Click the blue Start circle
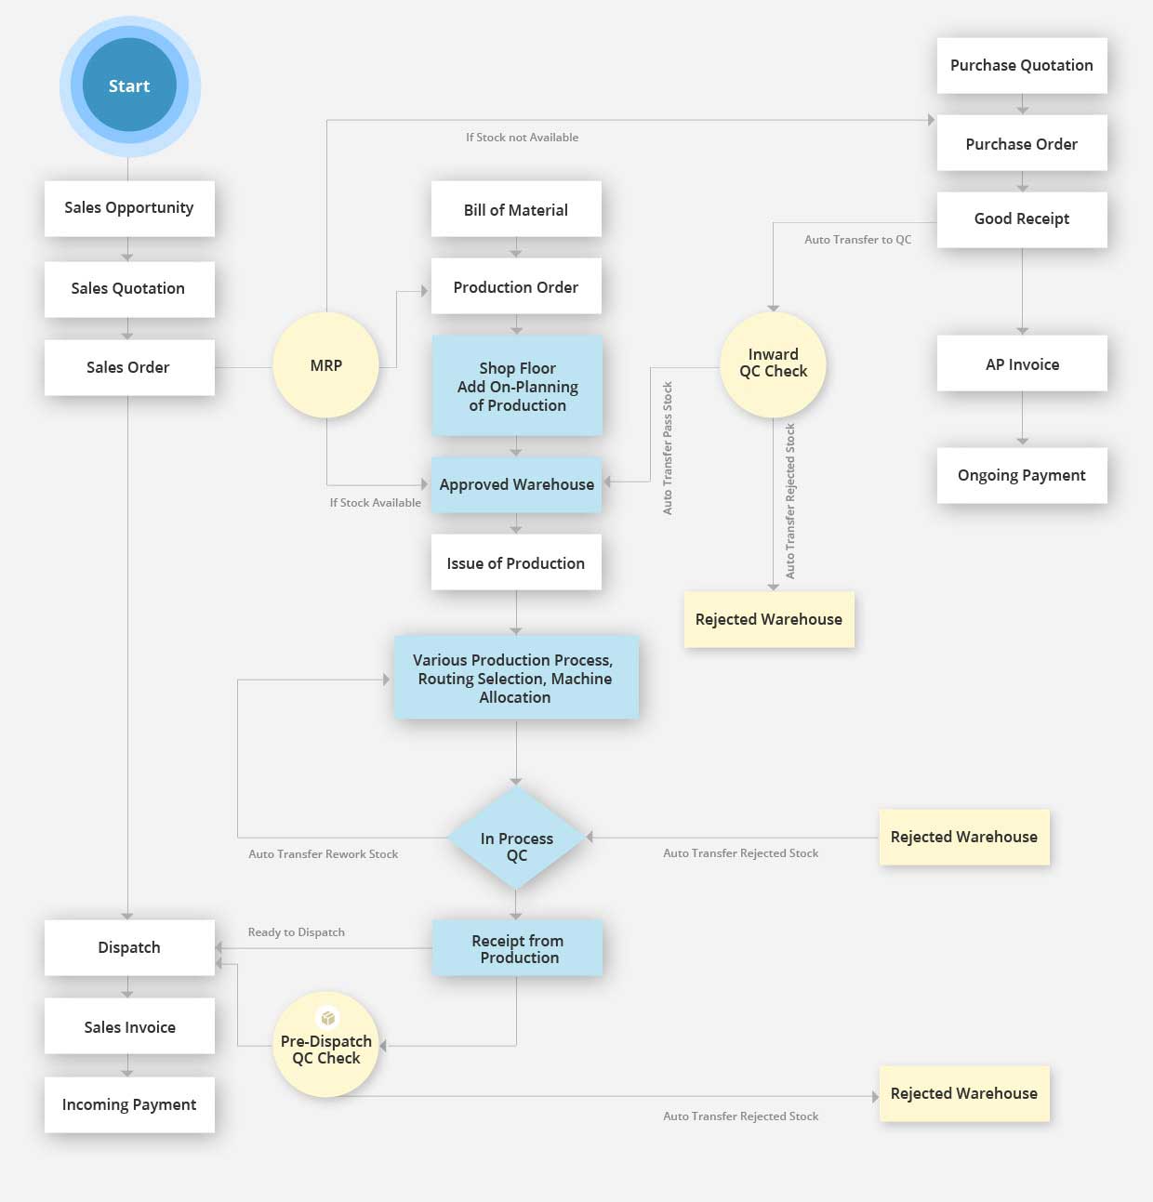tap(129, 86)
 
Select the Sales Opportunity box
tap(129, 208)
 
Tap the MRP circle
tap(325, 365)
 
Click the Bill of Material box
tap(516, 209)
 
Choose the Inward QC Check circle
tap(773, 363)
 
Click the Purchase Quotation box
tap(1022, 65)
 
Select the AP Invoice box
tap(1022, 363)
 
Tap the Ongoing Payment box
tap(1022, 475)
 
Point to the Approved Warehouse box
tap(516, 484)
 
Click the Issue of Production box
tap(516, 562)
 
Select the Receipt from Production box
tap(517, 948)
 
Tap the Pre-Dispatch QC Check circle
tap(326, 1050)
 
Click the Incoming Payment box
tap(129, 1104)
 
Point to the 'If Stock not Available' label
tap(522, 138)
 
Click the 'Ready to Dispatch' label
tap(296, 932)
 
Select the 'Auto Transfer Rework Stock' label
tap(323, 854)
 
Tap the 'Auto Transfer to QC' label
tap(857, 240)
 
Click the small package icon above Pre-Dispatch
tap(327, 1018)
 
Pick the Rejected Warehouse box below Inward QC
tap(769, 619)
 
